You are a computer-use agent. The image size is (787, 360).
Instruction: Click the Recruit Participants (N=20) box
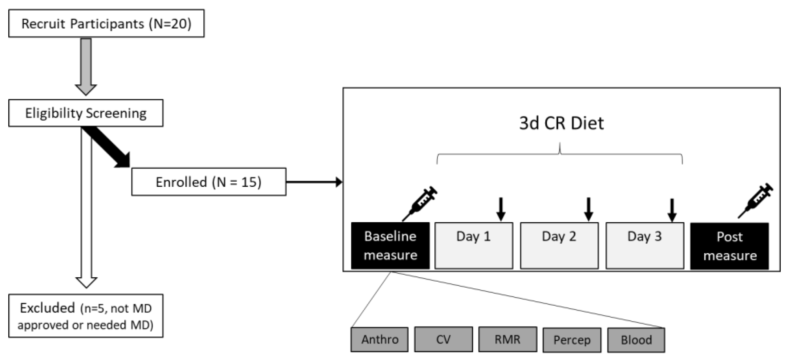106,23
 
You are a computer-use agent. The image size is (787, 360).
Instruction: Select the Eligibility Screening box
86,113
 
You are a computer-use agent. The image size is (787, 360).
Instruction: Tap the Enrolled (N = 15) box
209,182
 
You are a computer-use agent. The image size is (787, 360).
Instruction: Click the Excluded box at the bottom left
86,316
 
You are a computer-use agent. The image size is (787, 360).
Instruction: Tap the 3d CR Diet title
561,123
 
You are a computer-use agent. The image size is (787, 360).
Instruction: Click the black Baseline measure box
390,246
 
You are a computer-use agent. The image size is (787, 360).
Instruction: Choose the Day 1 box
474,246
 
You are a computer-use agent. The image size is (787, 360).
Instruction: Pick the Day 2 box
559,246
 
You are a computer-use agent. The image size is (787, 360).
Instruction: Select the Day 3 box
645,246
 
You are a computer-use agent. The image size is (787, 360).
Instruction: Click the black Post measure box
730,246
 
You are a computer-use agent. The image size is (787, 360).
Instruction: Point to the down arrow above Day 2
589,209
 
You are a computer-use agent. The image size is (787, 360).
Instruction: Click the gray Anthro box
379,339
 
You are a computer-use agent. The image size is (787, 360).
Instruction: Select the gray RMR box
507,339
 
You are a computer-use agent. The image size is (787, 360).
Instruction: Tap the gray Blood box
636,340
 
